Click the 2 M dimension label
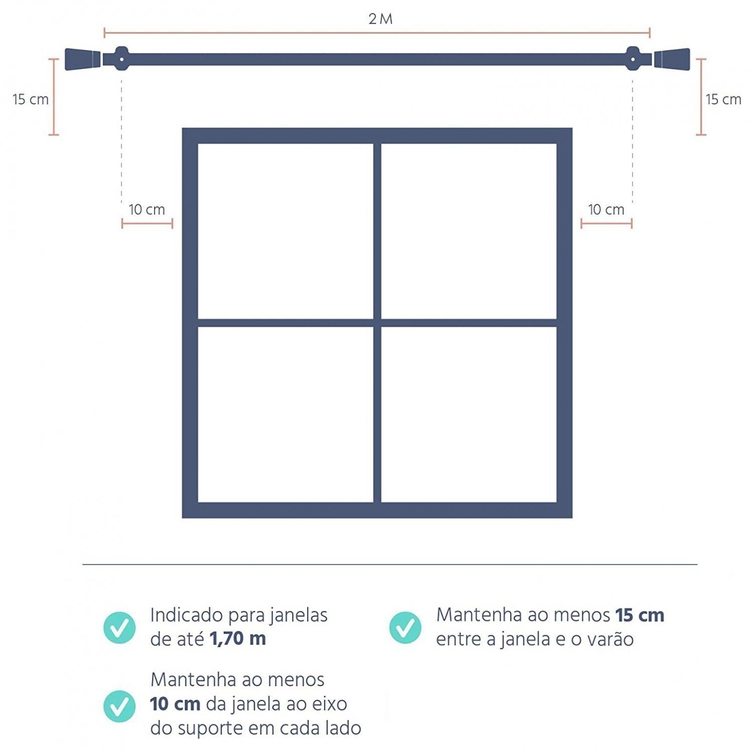click(x=380, y=19)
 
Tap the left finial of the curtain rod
click(x=83, y=59)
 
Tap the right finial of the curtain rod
click(x=672, y=59)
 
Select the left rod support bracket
click(x=121, y=59)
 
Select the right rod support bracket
click(x=633, y=59)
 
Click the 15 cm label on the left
click(x=31, y=99)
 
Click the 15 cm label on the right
click(x=723, y=99)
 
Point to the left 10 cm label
click(x=147, y=210)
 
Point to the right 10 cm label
click(x=606, y=210)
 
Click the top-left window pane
click(x=286, y=231)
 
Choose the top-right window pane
click(x=469, y=231)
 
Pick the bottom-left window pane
click(x=286, y=414)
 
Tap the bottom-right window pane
click(x=469, y=414)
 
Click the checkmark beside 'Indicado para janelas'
click(x=119, y=627)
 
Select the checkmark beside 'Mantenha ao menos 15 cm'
click(x=405, y=627)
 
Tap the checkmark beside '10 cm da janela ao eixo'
click(x=119, y=706)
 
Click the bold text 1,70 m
click(x=237, y=639)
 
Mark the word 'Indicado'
click(x=187, y=615)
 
